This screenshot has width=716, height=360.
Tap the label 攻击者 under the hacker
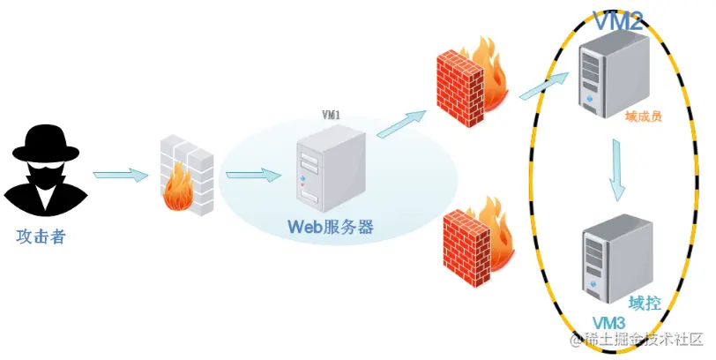click(x=41, y=236)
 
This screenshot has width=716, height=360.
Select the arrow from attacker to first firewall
click(x=120, y=174)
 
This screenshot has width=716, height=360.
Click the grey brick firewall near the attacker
click(x=187, y=176)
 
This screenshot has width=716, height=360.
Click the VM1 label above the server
click(x=332, y=116)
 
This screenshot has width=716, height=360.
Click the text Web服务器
click(x=331, y=227)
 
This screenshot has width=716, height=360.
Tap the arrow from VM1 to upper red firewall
click(x=402, y=122)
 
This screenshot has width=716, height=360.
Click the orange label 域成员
click(x=645, y=116)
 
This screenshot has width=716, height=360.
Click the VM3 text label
click(x=608, y=321)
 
